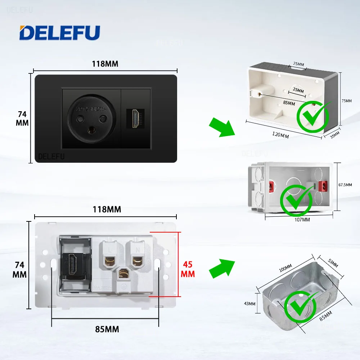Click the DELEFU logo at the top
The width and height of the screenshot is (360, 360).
tap(60, 33)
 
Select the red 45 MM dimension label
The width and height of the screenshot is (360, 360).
tap(188, 269)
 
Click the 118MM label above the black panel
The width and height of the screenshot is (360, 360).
tap(105, 64)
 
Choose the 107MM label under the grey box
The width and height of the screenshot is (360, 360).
tap(302, 219)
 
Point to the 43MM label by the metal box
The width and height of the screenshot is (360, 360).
tap(249, 303)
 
